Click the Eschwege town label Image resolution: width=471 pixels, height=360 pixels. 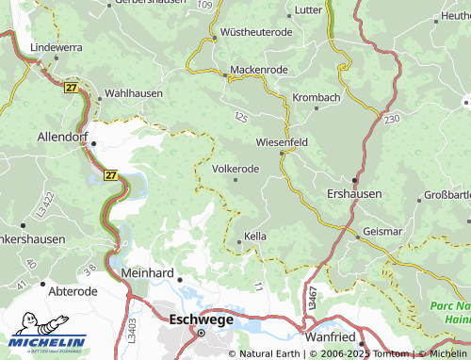[x=201, y=319]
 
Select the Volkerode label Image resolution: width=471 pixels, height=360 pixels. [x=235, y=169]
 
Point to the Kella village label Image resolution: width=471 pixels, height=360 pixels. [x=255, y=236]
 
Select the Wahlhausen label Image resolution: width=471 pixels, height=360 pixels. [x=134, y=93]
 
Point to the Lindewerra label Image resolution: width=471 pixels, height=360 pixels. [x=57, y=45]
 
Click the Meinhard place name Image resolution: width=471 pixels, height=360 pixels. [x=149, y=272]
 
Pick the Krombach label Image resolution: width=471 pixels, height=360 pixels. [x=316, y=98]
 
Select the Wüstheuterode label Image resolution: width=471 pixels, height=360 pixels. [x=256, y=31]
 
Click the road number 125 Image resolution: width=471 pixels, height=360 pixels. [x=241, y=116]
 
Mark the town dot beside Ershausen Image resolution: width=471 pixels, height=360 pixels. [x=355, y=179]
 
